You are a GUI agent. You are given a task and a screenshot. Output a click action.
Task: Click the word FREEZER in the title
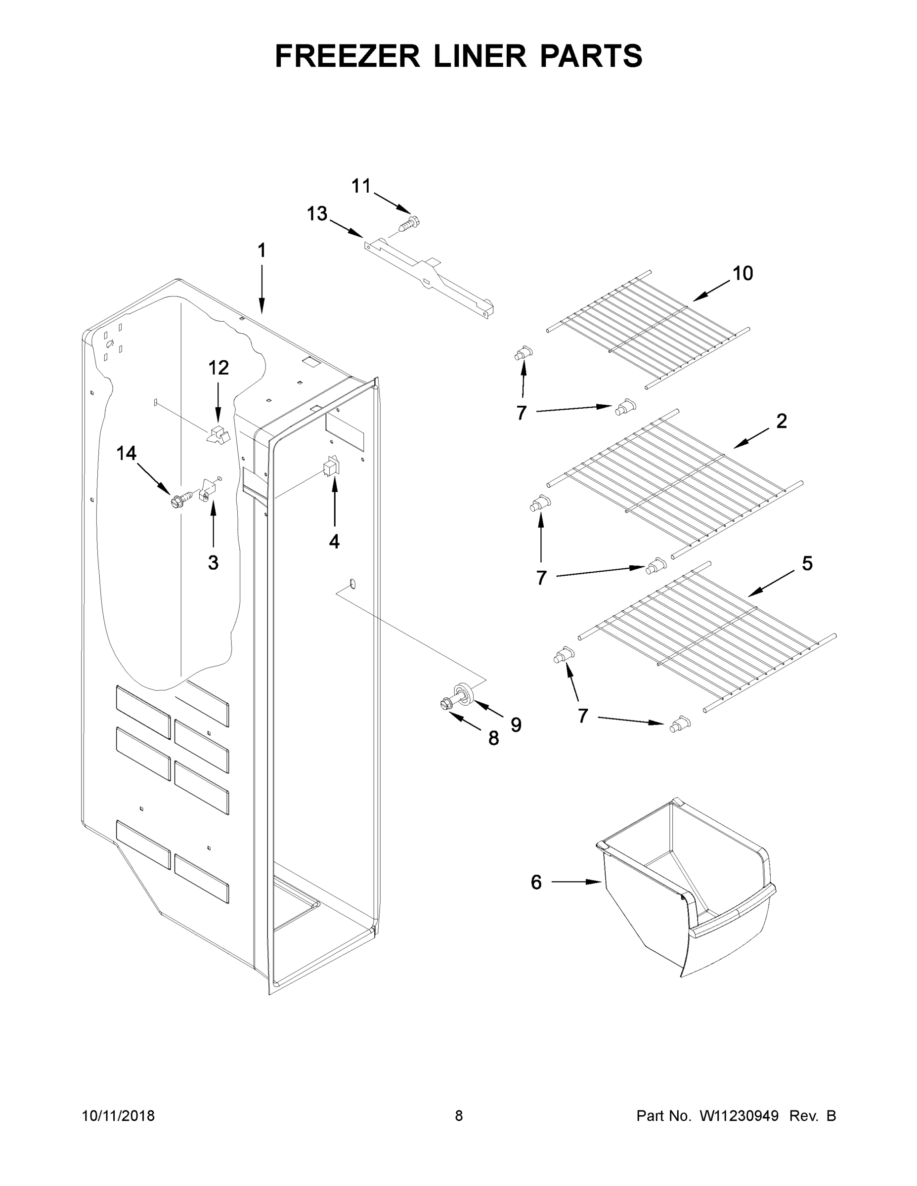click(x=347, y=56)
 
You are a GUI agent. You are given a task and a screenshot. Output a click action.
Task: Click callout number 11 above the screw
click(x=361, y=186)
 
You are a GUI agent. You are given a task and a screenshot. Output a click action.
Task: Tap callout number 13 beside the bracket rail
click(x=317, y=214)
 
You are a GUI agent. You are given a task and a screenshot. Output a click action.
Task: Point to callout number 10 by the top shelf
click(x=742, y=273)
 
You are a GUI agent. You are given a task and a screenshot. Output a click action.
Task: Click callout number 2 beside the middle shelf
click(x=781, y=421)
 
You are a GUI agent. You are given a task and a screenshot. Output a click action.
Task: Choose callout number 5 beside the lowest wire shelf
click(x=807, y=564)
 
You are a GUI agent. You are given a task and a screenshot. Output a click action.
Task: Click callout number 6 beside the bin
click(x=536, y=883)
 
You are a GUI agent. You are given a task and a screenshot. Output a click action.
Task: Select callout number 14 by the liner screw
click(x=126, y=453)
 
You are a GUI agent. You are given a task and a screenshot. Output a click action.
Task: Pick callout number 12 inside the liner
click(x=218, y=368)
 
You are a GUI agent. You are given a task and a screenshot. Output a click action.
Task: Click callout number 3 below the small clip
click(x=213, y=562)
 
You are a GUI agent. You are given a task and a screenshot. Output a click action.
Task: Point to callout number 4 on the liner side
click(x=334, y=541)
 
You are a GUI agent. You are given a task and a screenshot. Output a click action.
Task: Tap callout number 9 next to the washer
click(x=516, y=724)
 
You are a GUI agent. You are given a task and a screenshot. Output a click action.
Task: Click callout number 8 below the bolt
click(x=493, y=738)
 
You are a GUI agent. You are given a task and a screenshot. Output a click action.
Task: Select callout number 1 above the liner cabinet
click(x=262, y=251)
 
